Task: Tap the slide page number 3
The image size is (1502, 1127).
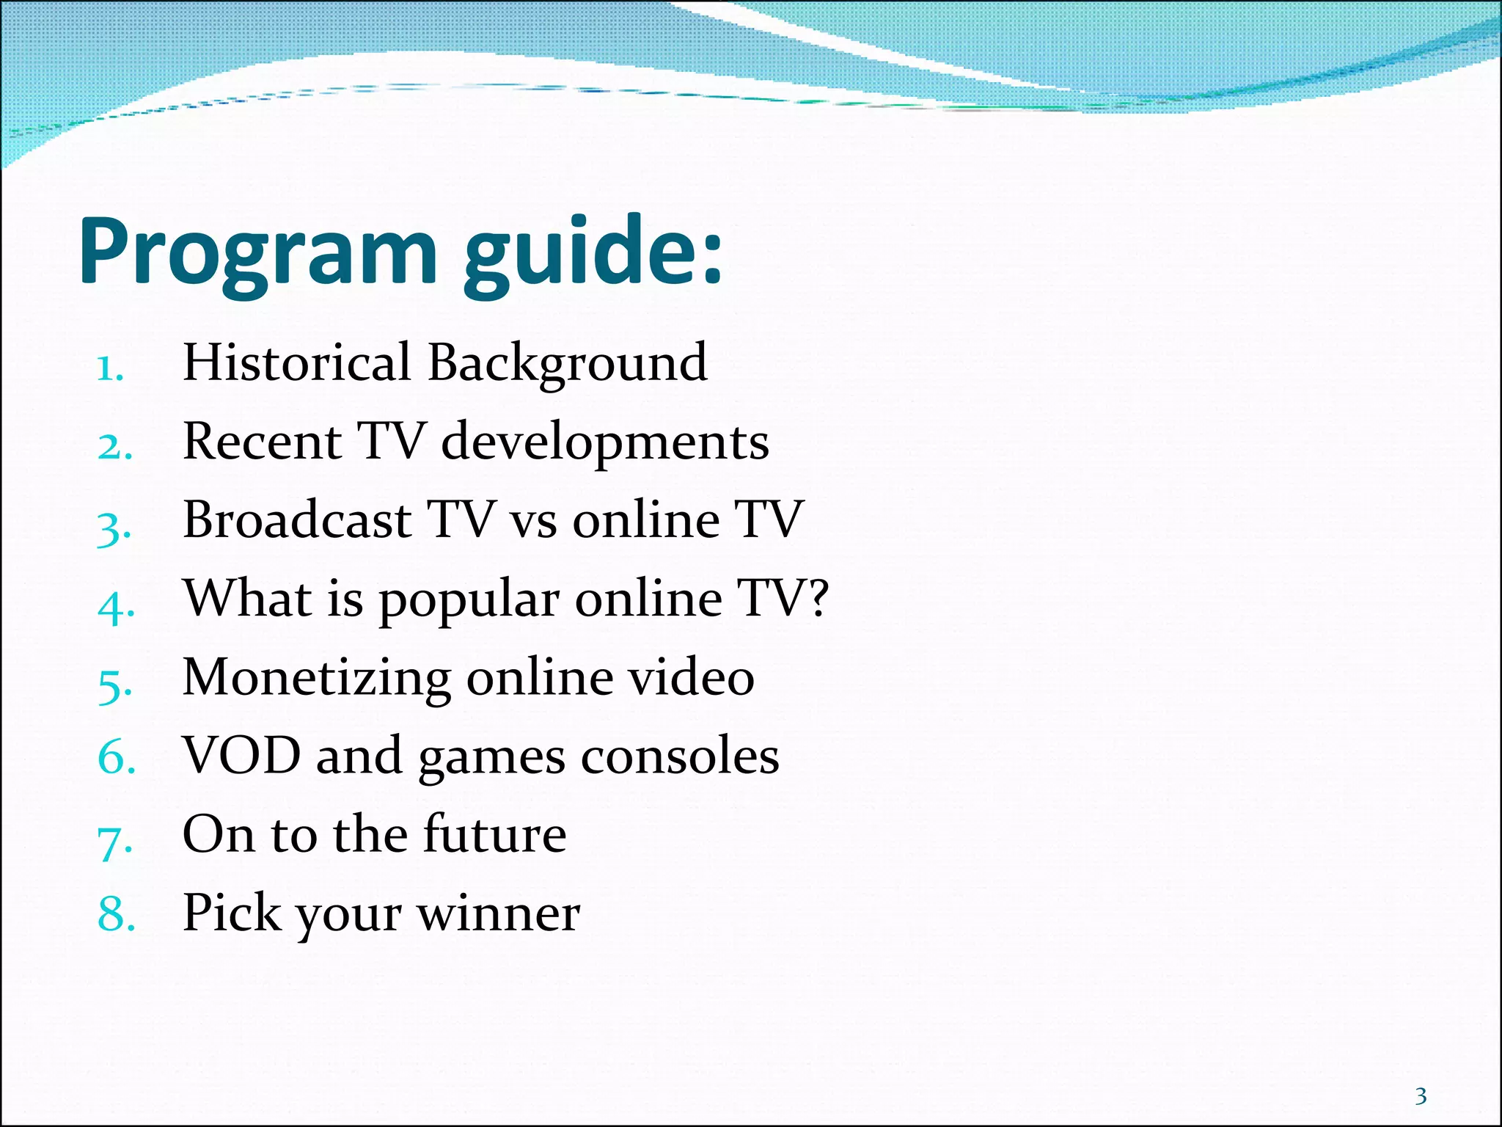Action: point(1421,1096)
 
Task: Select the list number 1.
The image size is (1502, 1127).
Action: point(110,368)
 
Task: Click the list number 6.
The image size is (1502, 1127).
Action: point(117,757)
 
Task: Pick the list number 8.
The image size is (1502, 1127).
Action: point(117,915)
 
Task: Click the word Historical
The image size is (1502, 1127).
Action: point(296,362)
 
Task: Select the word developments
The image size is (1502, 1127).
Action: point(605,442)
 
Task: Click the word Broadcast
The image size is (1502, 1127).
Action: point(296,520)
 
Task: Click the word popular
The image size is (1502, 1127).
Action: point(469,601)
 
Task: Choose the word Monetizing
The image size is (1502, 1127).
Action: point(316,679)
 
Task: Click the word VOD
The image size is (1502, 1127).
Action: point(241,756)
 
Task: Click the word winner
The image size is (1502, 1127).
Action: point(498,914)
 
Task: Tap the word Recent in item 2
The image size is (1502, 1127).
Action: point(262,442)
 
